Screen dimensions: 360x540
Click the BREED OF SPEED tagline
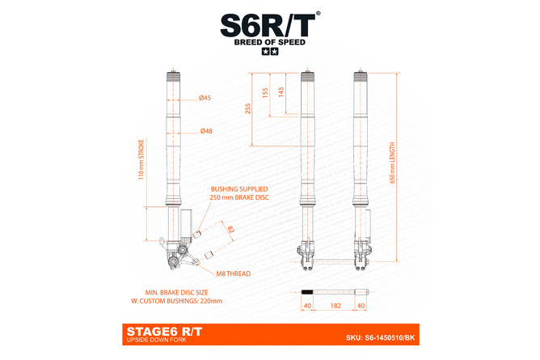pyautogui.click(x=269, y=42)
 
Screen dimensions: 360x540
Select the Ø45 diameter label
pyautogui.click(x=205, y=98)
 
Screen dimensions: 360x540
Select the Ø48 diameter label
pyautogui.click(x=205, y=131)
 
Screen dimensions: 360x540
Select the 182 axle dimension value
pyautogui.click(x=334, y=306)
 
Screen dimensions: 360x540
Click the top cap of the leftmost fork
pyautogui.click(x=175, y=76)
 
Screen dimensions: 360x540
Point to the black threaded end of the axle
pyautogui.click(x=306, y=291)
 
